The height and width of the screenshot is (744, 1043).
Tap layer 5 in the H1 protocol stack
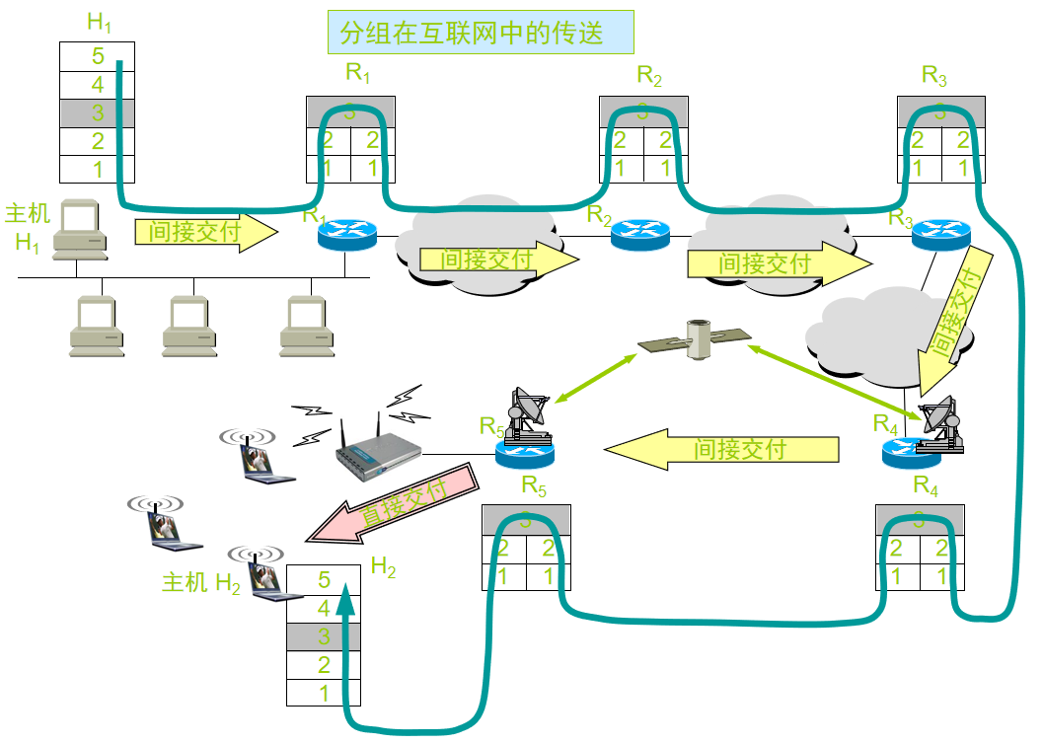click(98, 56)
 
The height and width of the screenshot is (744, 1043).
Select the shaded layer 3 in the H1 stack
click(98, 112)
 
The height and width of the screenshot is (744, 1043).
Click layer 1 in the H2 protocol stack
click(324, 694)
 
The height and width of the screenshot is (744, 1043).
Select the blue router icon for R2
click(639, 234)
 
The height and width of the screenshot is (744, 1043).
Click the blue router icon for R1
click(347, 235)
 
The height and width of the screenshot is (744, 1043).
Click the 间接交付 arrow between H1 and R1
click(206, 233)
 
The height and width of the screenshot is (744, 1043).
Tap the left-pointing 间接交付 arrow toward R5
click(721, 450)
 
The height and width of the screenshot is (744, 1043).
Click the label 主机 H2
click(201, 583)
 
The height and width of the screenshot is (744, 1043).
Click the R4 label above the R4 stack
click(926, 485)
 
